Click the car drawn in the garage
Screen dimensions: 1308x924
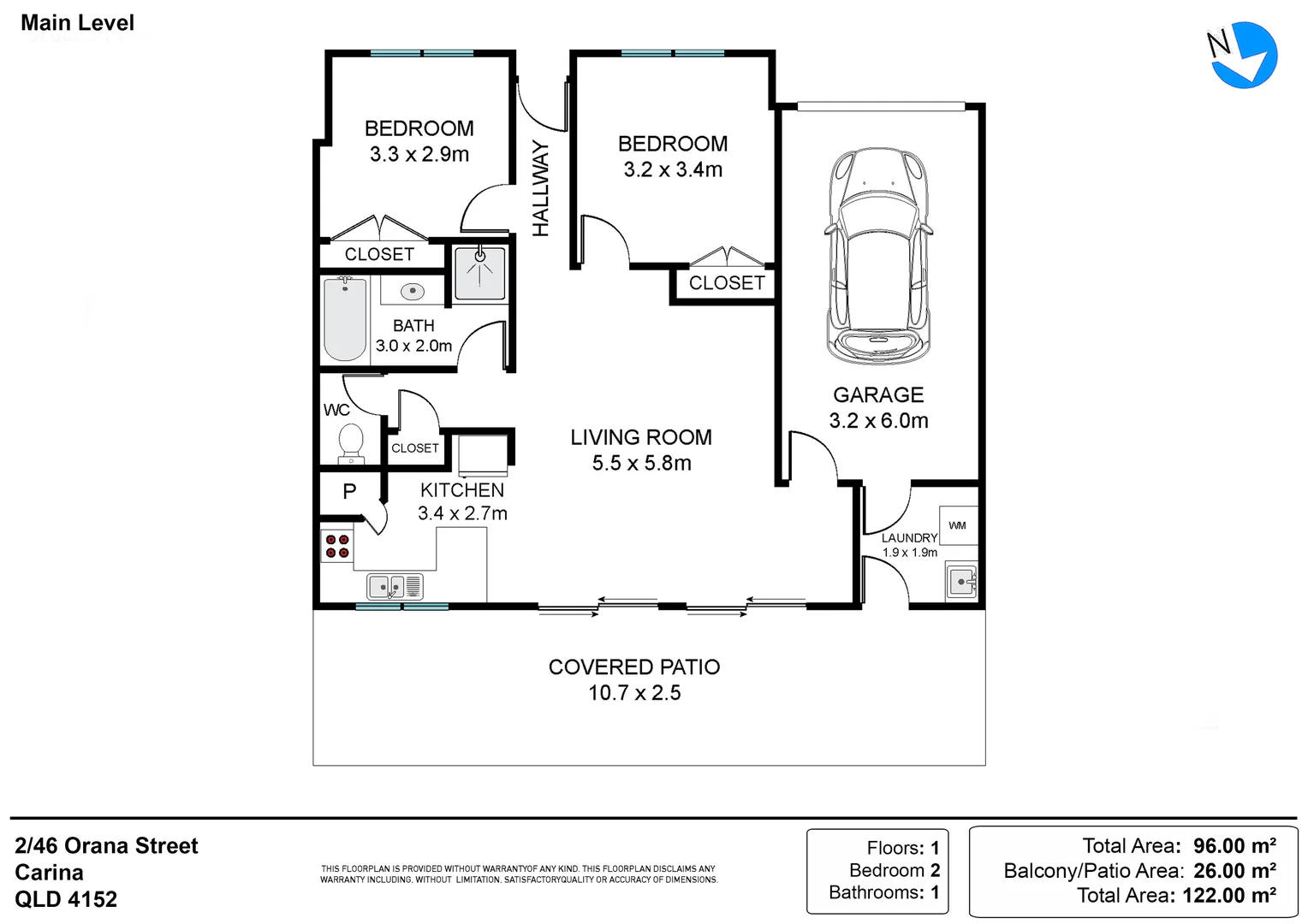click(x=878, y=257)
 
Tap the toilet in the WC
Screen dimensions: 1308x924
click(x=351, y=444)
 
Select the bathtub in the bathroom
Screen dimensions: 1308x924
click(x=345, y=319)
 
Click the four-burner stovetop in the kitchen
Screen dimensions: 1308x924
click(x=337, y=546)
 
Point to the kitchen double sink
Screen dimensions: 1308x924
click(x=395, y=587)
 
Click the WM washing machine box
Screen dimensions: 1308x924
click(x=958, y=525)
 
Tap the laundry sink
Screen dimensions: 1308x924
click(x=961, y=582)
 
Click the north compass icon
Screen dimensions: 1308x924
click(x=1243, y=56)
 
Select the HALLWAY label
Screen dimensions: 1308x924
click(x=541, y=188)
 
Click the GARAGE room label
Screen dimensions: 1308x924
click(x=878, y=395)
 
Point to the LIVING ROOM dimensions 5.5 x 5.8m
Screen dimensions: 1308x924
click(x=642, y=463)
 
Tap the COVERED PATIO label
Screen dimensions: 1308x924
click(x=634, y=667)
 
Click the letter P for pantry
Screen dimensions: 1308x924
click(x=350, y=491)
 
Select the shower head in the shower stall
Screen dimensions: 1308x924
click(x=480, y=256)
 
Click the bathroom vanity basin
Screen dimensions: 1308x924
click(x=413, y=291)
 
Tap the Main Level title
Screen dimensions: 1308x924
click(x=78, y=23)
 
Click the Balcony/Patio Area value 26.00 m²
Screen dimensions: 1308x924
click(x=1234, y=871)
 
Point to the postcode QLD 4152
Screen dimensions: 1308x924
click(x=66, y=899)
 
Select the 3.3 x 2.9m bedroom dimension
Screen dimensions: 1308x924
click(x=419, y=154)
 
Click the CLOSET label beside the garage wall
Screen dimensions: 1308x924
click(x=727, y=283)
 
